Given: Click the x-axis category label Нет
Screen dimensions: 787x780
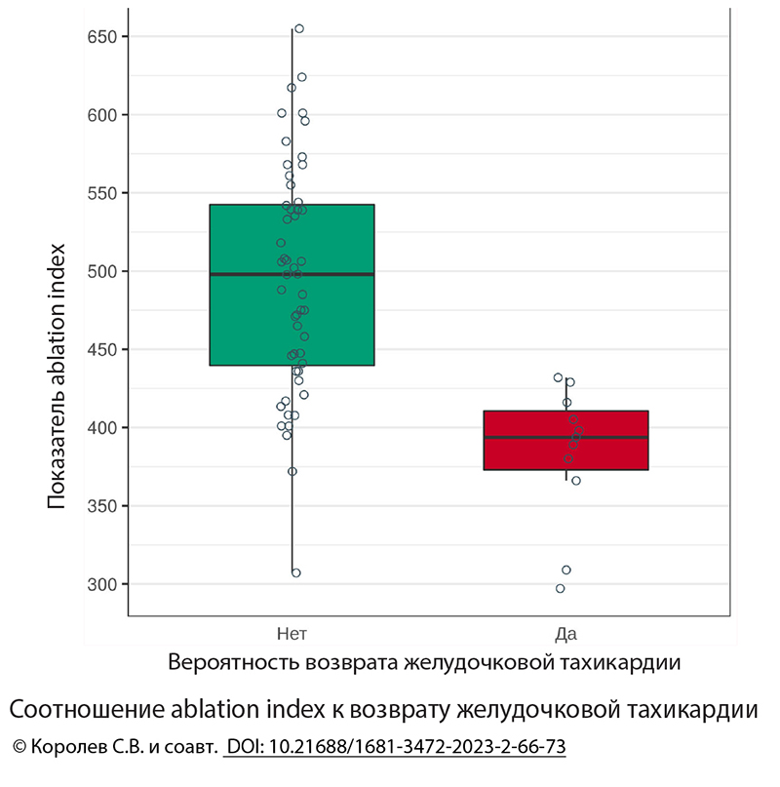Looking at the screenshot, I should tap(292, 634).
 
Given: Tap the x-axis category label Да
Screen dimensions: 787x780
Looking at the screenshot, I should tap(565, 634).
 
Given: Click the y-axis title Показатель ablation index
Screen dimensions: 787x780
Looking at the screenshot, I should tap(58, 376).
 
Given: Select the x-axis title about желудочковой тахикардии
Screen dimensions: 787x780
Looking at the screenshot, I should tap(423, 662).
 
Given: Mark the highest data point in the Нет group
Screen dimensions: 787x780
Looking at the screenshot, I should tap(299, 29).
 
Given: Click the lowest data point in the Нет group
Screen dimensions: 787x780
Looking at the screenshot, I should tap(296, 572).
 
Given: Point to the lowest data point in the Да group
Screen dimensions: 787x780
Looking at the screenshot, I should tap(560, 588).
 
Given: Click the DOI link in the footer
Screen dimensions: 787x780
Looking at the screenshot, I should tap(395, 747).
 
